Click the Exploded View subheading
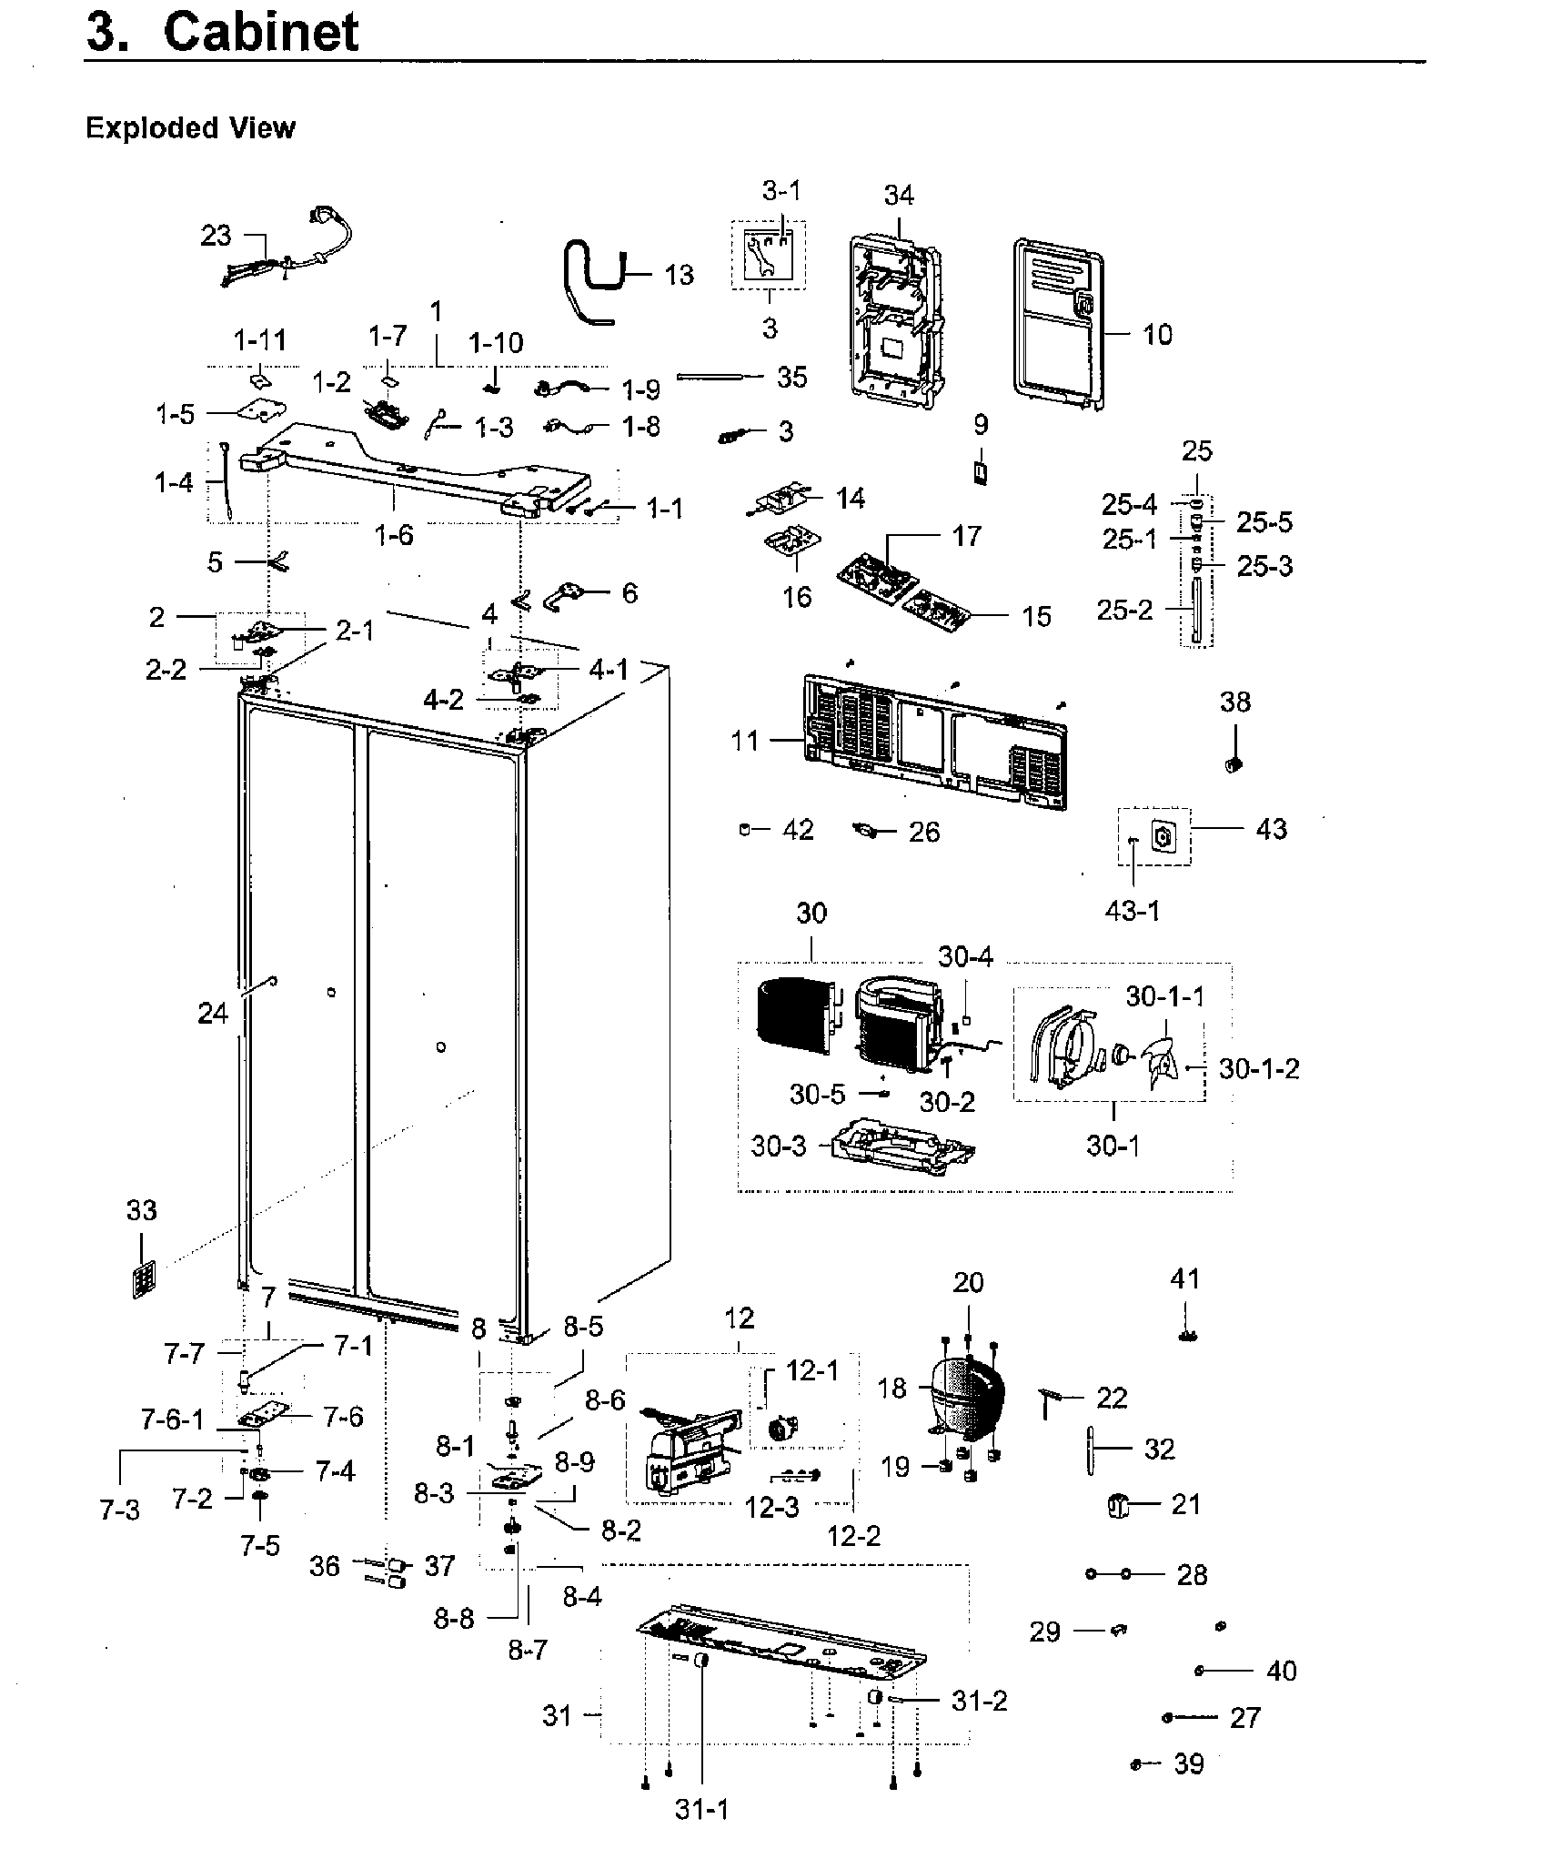click(x=190, y=128)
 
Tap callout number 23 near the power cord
click(x=216, y=237)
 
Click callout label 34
click(x=899, y=196)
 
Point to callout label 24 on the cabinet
click(x=213, y=1013)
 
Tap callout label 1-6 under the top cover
click(x=394, y=535)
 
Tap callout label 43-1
click(x=1133, y=909)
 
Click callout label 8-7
click(x=528, y=1649)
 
